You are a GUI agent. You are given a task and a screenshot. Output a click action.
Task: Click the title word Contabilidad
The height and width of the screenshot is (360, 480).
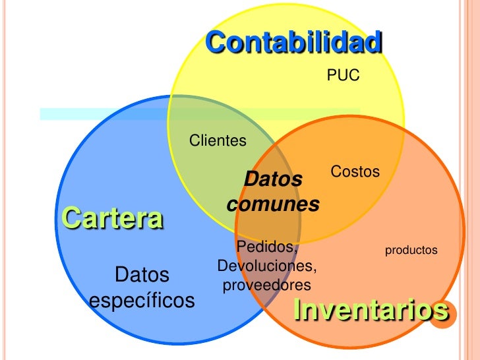click(x=293, y=44)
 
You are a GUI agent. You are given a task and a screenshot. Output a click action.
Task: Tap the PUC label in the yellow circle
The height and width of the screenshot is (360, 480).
click(x=344, y=76)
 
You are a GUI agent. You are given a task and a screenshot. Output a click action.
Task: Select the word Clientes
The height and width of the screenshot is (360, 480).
click(x=218, y=140)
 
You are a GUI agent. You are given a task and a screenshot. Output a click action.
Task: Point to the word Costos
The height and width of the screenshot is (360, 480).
click(x=355, y=172)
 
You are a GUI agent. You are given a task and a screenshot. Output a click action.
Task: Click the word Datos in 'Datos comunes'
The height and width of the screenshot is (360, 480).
click(x=273, y=179)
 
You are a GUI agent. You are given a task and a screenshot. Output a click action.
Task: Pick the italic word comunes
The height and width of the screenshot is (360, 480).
click(x=273, y=204)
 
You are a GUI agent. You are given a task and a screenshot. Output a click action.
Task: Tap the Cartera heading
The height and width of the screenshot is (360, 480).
click(x=111, y=218)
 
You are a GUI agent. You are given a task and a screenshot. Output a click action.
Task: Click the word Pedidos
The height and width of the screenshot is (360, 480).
click(x=266, y=247)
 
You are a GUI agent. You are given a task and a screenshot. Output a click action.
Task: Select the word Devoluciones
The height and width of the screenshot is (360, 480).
click(x=266, y=266)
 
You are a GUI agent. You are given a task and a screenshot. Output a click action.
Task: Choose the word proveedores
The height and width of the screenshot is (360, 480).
click(x=266, y=285)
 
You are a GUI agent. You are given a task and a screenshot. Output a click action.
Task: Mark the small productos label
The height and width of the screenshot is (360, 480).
click(x=411, y=251)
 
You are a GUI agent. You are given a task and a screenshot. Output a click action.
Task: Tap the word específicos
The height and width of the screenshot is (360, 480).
click(x=142, y=301)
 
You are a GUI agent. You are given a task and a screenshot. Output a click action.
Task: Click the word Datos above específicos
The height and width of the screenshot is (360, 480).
click(x=142, y=274)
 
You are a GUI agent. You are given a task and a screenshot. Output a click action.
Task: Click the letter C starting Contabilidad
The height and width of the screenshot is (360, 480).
click(x=215, y=44)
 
